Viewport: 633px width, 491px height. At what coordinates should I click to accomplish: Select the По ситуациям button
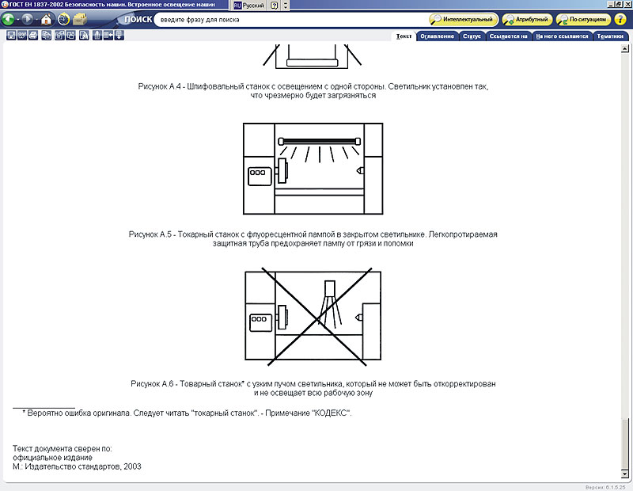point(583,19)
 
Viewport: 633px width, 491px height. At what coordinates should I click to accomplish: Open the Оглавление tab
point(437,36)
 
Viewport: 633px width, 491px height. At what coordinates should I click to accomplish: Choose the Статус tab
point(472,36)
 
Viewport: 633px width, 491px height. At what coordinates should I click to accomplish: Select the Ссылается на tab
point(508,36)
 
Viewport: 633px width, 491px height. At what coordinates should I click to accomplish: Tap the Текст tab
point(404,36)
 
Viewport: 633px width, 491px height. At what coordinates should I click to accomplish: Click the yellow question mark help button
point(620,19)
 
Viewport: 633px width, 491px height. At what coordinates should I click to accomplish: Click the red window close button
point(626,5)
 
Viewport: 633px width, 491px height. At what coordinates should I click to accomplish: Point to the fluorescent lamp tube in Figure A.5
point(320,141)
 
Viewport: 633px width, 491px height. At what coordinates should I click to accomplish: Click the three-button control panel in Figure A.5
point(258,172)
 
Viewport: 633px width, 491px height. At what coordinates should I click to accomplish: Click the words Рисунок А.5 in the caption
point(150,234)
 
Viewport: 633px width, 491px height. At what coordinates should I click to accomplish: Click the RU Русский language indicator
point(248,5)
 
